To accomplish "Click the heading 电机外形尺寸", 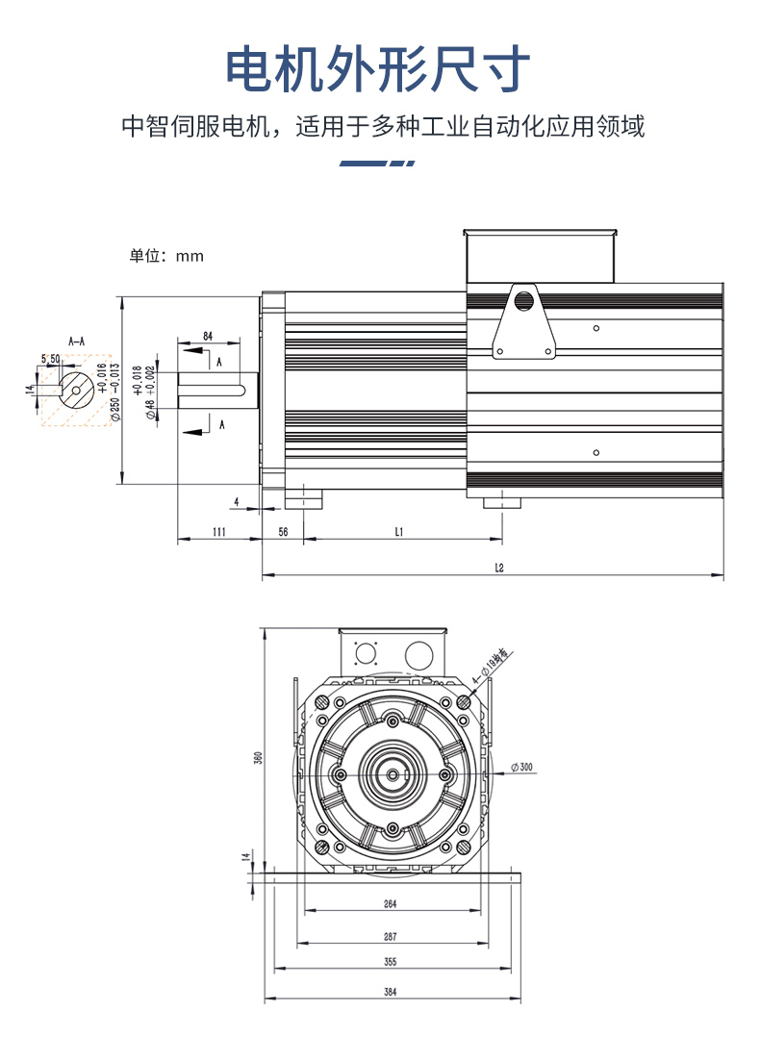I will click(378, 69).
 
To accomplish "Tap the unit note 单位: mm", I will click(166, 256).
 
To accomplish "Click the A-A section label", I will click(76, 341).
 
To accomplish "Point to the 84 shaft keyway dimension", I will click(208, 336).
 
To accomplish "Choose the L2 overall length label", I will click(499, 568).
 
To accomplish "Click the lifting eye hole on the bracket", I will click(524, 300).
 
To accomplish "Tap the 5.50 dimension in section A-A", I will click(50, 359).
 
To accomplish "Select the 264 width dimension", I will click(390, 904).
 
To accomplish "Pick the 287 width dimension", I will click(390, 936).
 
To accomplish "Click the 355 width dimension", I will click(390, 962).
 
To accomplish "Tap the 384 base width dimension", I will click(390, 992).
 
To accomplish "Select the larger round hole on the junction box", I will click(418, 655).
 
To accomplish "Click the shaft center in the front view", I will click(393, 775).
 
